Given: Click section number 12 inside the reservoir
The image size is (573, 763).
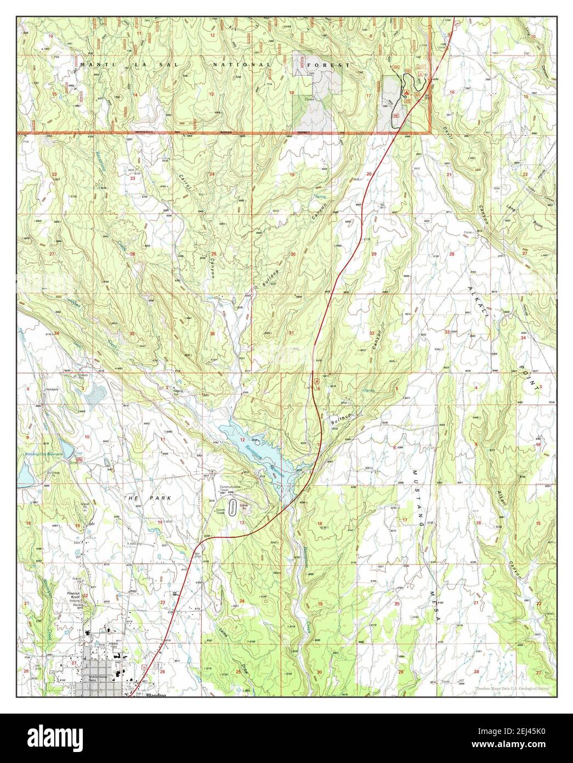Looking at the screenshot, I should coord(242,440).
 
